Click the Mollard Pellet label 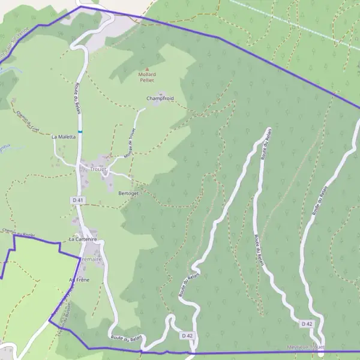[x=147, y=78]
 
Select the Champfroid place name [x=159, y=98]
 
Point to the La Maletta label [x=64, y=137]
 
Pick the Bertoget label [x=128, y=194]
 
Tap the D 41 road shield [x=76, y=199]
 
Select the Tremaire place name [x=91, y=259]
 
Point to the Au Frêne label [x=79, y=280]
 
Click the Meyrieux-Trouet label [x=305, y=347]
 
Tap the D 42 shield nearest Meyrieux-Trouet [x=307, y=324]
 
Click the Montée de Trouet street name [x=130, y=143]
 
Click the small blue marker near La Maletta [x=80, y=131]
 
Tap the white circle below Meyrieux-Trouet [x=321, y=355]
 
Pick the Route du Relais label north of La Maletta [x=77, y=98]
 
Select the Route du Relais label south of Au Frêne [x=126, y=338]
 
